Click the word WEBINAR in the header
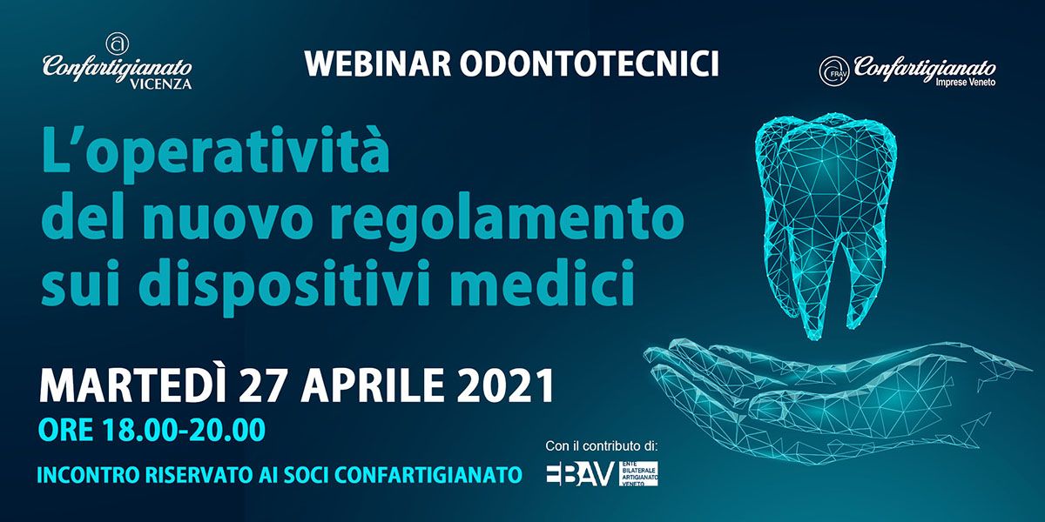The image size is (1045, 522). coord(378,64)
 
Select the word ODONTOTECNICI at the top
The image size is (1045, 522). coord(590,64)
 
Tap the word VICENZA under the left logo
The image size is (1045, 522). coord(160,84)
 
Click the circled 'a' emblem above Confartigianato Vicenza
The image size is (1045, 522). coord(118,43)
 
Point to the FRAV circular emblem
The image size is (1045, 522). coord(833,70)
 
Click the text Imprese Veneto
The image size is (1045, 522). coord(966,83)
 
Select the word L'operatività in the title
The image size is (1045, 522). coord(215,151)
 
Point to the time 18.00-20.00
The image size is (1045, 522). coord(183,430)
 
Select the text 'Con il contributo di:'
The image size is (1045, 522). coord(602,446)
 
